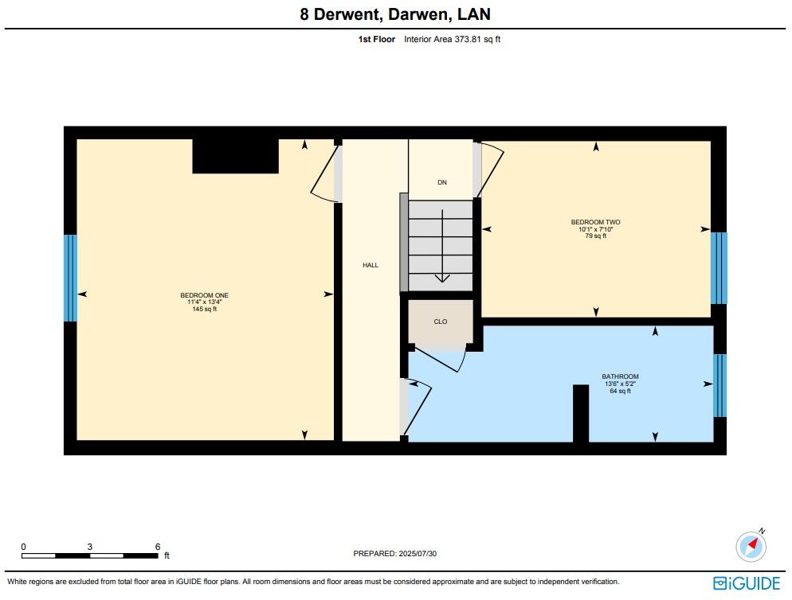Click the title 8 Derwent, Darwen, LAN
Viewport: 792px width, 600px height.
tap(395, 14)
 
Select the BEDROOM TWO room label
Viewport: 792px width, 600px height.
tap(595, 222)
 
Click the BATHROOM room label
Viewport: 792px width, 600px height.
tap(619, 376)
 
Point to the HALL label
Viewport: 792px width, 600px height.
tap(371, 265)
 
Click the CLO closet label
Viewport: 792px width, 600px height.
tap(440, 321)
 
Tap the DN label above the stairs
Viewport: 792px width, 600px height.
tap(441, 182)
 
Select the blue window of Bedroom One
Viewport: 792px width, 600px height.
tap(70, 278)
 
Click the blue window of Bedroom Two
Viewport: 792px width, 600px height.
tap(719, 268)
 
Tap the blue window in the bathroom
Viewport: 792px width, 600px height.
tap(719, 386)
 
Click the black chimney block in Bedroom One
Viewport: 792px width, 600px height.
tap(235, 156)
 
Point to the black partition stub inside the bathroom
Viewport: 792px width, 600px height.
tap(581, 413)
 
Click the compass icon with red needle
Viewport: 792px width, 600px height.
tap(751, 546)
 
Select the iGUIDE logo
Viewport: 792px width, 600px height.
tap(747, 583)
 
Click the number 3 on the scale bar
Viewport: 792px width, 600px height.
tap(90, 547)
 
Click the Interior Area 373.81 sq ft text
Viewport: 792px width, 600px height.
tap(452, 38)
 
